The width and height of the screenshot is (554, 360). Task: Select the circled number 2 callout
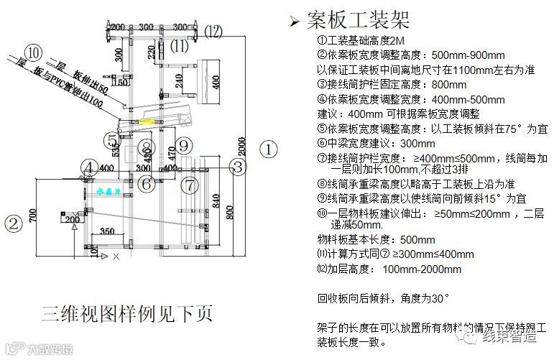pyautogui.click(x=13, y=223)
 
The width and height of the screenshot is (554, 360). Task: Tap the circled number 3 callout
pyautogui.click(x=238, y=167)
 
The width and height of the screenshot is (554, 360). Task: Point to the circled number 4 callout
pyautogui.click(x=89, y=168)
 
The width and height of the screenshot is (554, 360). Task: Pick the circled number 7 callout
pyautogui.click(x=189, y=185)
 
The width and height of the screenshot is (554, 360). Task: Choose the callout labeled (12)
pyautogui.click(x=213, y=31)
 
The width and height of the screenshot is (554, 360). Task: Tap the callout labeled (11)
pyautogui.click(x=177, y=47)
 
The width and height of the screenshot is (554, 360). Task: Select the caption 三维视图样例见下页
pyautogui.click(x=126, y=314)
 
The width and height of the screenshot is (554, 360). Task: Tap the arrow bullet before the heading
pyautogui.click(x=293, y=21)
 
